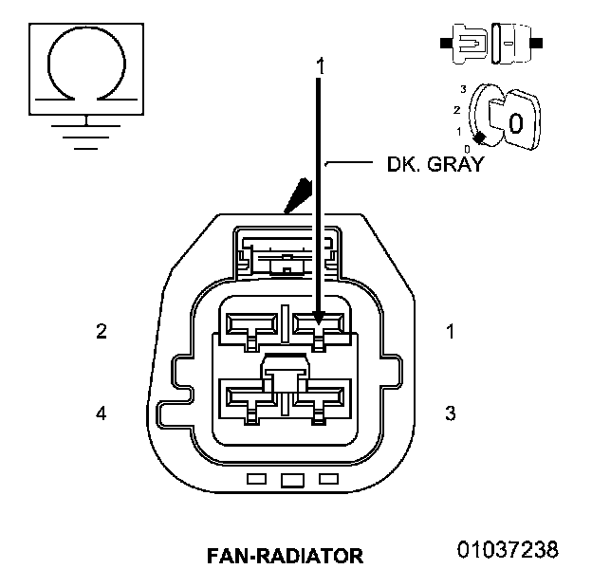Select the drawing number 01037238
508,550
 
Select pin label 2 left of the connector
102,332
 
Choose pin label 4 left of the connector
102,413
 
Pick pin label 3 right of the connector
451,413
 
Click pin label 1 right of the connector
451,332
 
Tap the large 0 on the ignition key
515,123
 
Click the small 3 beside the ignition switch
463,89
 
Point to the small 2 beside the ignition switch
457,109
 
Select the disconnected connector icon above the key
491,43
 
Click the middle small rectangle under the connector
292,480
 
